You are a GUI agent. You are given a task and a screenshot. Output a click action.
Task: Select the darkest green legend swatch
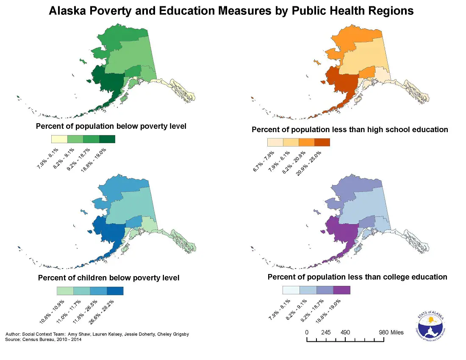click(107, 139)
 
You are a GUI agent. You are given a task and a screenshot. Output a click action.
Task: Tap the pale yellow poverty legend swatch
click(59, 139)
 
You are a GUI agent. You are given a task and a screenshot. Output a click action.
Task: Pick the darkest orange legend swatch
click(322, 142)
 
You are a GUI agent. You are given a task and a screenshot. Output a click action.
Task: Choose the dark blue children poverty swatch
click(115, 291)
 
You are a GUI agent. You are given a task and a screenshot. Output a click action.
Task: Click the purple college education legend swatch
click(342, 290)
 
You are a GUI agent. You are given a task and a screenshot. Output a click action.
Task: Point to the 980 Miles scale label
click(391, 332)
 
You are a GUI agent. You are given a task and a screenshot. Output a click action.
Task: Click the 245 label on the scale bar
click(325, 332)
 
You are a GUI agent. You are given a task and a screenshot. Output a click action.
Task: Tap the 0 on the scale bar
click(306, 332)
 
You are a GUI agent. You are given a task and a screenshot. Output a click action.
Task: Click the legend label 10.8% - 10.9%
click(52, 312)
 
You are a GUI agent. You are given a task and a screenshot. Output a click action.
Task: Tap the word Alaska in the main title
click(68, 11)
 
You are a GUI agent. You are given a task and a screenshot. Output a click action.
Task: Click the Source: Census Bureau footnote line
click(43, 339)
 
